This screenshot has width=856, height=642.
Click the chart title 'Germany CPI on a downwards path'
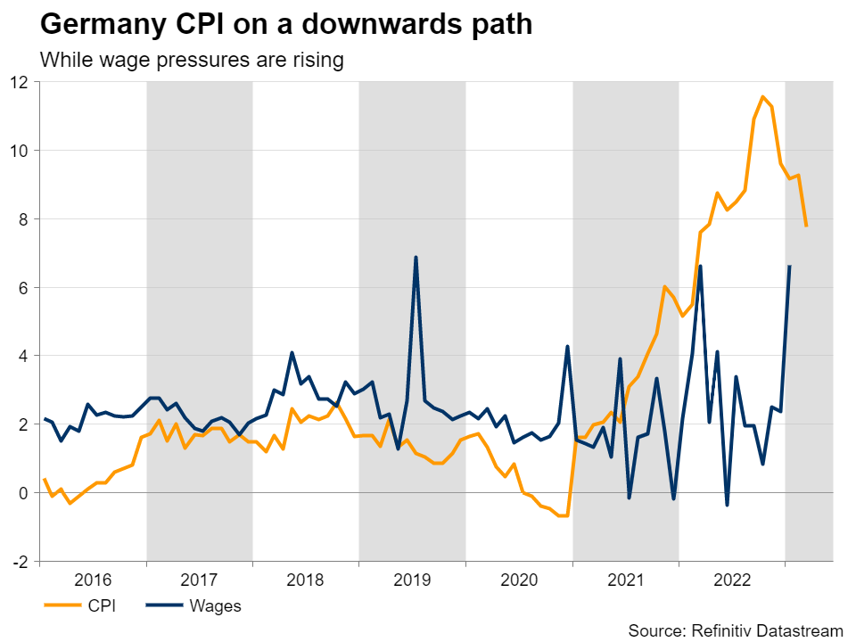pyautogui.click(x=286, y=24)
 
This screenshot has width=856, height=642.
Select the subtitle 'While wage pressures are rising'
pyautogui.click(x=192, y=61)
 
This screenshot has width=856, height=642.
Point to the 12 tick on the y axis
pyautogui.click(x=20, y=82)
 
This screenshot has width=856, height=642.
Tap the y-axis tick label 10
pyautogui.click(x=20, y=151)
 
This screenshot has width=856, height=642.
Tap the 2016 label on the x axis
pyautogui.click(x=93, y=580)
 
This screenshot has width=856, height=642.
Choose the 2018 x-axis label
pyautogui.click(x=306, y=580)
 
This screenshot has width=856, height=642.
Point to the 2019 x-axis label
pyautogui.click(x=412, y=580)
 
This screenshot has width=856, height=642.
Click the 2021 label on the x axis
pyautogui.click(x=625, y=580)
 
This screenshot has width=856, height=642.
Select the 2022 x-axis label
pyautogui.click(x=731, y=580)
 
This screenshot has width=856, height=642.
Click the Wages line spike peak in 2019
pyautogui.click(x=416, y=258)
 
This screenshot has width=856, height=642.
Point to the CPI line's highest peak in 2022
pyautogui.click(x=762, y=96)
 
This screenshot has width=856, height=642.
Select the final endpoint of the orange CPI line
pyautogui.click(x=806, y=226)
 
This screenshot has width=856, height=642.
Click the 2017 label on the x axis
pyautogui.click(x=199, y=580)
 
